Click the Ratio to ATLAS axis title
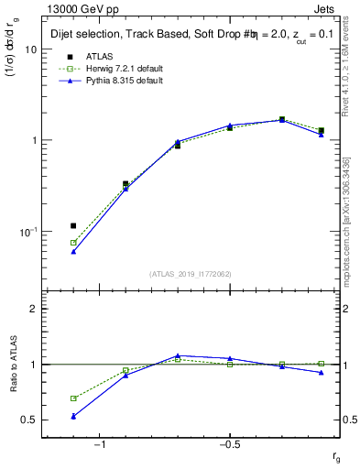click(x=14, y=365)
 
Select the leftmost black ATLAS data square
click(x=73, y=225)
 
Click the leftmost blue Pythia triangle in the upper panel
click(x=73, y=251)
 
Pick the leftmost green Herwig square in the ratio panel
click(x=73, y=398)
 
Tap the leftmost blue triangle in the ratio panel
click(x=73, y=416)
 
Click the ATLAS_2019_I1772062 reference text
click(x=191, y=274)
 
